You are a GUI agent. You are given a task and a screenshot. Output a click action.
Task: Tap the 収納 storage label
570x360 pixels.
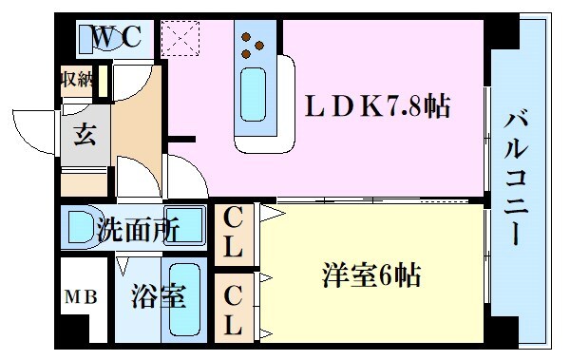pos(77,79)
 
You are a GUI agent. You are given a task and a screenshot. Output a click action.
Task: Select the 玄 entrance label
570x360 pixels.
pos(85,135)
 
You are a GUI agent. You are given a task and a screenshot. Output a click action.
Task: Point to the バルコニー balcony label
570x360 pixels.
pos(519,179)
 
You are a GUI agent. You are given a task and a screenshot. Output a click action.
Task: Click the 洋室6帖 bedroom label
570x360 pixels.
pos(370,278)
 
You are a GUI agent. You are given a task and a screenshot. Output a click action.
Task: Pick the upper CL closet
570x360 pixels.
pos(233,236)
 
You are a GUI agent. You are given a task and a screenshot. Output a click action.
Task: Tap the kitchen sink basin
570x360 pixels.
pos(254,93)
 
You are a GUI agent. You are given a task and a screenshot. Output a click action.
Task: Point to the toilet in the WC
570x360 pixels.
pos(101,38)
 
